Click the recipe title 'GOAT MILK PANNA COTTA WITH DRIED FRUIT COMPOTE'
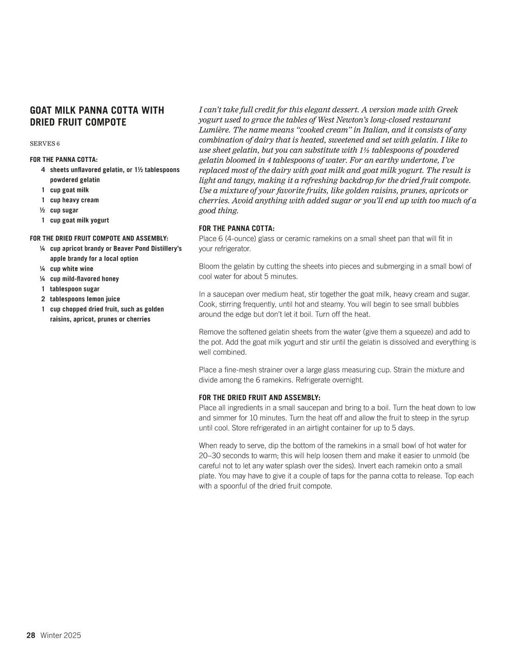pos(97,116)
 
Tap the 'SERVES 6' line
pos(45,144)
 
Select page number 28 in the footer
pos(31,635)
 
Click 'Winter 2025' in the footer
pos(61,635)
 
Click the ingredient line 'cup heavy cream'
pos(75,200)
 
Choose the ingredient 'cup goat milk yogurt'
pos(80,220)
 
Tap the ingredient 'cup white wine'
pos(72,269)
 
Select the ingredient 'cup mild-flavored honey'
pos(84,279)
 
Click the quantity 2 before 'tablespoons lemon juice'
pos(43,299)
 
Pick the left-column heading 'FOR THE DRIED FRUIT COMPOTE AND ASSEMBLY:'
pos(99,239)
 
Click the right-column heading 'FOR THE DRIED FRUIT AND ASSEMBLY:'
pos(260,398)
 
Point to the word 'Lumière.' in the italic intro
pos(215,130)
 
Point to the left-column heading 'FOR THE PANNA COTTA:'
pos(64,160)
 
